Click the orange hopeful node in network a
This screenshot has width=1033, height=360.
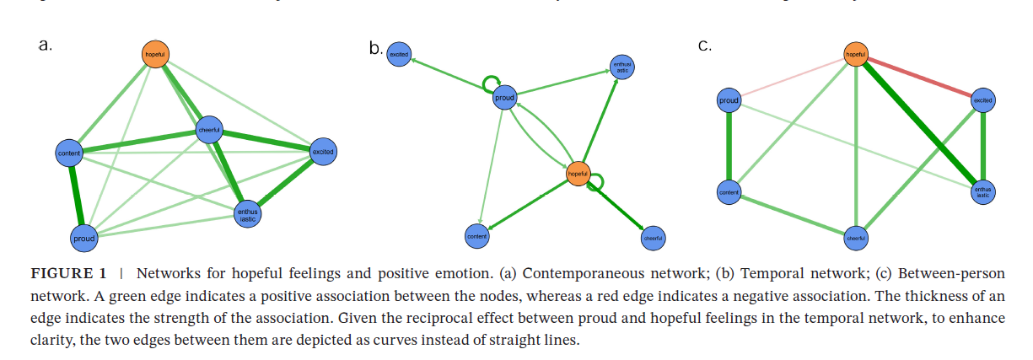point(154,54)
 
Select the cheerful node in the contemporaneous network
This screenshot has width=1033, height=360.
point(208,130)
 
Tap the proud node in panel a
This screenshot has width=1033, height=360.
point(84,239)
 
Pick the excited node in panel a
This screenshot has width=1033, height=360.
point(323,152)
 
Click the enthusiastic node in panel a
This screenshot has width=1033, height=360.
point(247,214)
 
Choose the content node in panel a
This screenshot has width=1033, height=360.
point(68,153)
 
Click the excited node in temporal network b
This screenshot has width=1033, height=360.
point(399,55)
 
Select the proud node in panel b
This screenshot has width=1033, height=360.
point(504,98)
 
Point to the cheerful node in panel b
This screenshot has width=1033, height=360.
point(653,239)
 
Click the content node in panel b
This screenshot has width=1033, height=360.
point(477,236)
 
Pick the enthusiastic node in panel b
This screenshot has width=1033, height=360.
point(622,67)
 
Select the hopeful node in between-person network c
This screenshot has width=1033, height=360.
point(856,55)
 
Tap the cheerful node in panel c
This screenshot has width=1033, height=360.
point(856,239)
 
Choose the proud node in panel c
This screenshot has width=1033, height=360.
point(729,101)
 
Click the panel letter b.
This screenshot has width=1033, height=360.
point(375,49)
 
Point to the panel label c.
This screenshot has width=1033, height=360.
point(704,45)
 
